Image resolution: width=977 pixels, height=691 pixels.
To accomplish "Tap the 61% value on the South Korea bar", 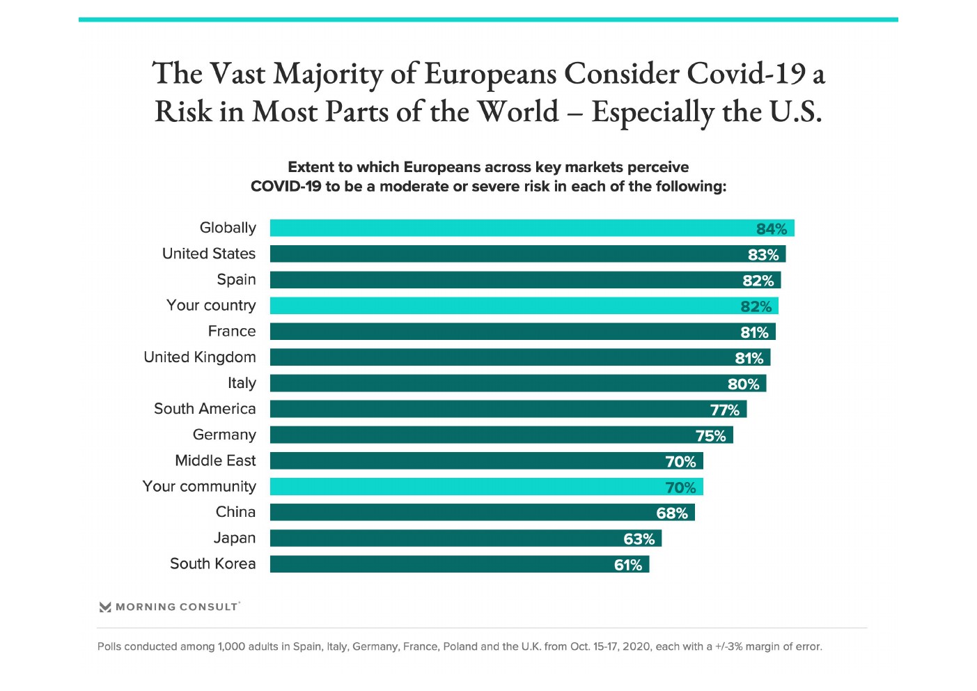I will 628,565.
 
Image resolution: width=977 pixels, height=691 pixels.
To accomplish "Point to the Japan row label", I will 235,538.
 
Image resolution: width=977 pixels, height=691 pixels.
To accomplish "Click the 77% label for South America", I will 725,410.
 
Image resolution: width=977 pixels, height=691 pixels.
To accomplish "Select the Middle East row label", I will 215,460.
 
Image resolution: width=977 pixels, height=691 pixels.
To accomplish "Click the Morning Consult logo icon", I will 105,607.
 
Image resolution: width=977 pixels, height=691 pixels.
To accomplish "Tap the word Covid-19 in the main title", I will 745,74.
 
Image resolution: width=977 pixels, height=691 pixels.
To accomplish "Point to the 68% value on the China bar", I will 672,513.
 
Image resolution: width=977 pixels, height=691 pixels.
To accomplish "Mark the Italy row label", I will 242,383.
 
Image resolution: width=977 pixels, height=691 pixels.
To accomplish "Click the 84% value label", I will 772,229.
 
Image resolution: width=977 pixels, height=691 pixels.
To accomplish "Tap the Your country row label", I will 211,305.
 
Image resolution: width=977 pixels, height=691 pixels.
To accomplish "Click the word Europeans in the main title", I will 490,74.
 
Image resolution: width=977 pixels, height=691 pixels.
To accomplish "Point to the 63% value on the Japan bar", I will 639,539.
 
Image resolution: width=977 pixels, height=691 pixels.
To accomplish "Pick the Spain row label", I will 236,279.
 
